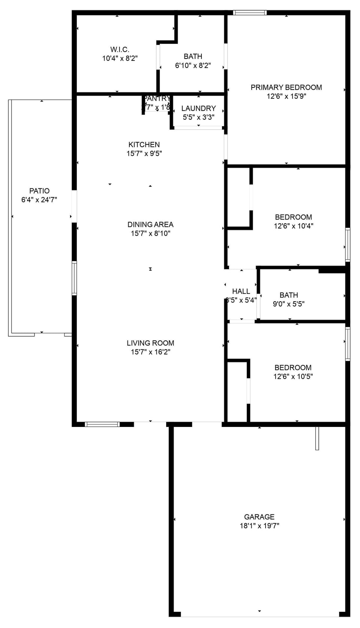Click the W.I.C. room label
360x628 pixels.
tap(120, 50)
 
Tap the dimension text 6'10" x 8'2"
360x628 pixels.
tap(193, 65)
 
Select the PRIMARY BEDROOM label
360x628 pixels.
tap(286, 87)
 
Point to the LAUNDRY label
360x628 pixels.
tap(198, 108)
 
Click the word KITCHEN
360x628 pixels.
tap(144, 144)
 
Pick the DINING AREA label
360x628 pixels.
tap(150, 224)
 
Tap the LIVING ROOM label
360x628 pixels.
tap(150, 343)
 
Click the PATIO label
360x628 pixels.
tap(39, 191)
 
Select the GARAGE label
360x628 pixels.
tap(259, 517)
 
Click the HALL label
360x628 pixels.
tap(241, 291)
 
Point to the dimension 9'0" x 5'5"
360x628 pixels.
tap(288, 304)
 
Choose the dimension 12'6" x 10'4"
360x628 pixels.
tap(294, 226)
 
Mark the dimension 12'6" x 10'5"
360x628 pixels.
tap(293, 376)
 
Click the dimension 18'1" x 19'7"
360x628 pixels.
tap(259, 526)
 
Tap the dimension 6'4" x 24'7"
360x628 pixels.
tap(39, 200)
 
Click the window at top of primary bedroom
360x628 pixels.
tap(250, 13)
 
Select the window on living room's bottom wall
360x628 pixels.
tap(102, 424)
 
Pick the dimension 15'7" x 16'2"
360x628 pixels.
tap(150, 352)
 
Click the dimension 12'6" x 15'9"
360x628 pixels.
tap(286, 96)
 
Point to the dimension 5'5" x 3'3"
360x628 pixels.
tap(198, 117)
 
